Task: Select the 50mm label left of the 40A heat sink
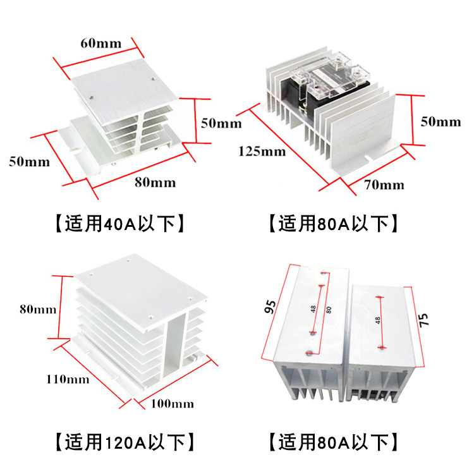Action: (29, 161)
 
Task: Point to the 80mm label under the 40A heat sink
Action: (155, 183)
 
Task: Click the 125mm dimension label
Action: (262, 152)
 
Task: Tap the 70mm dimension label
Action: (384, 185)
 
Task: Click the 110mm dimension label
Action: (67, 379)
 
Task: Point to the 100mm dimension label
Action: (173, 403)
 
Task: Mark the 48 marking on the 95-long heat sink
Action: (314, 309)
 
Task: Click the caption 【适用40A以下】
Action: (119, 223)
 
